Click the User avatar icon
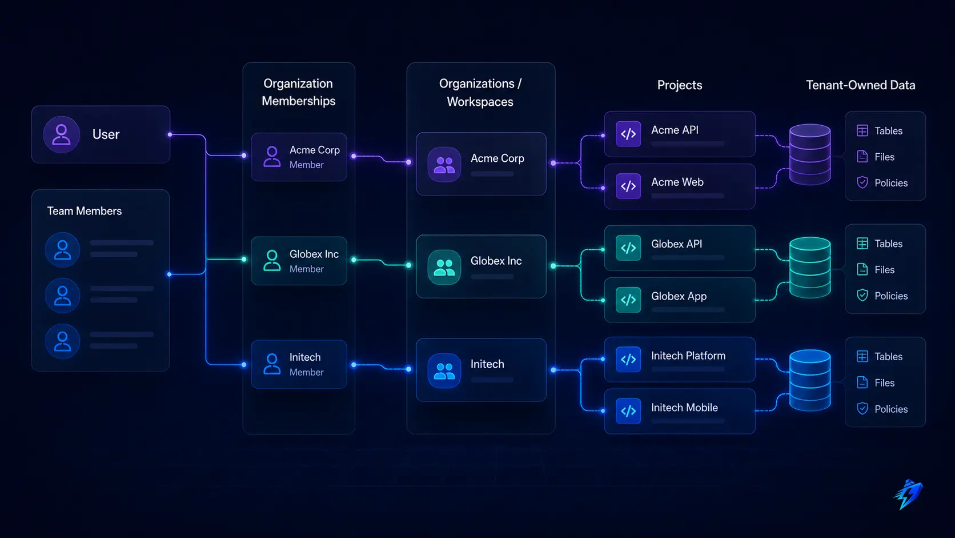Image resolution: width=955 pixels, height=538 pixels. (61, 134)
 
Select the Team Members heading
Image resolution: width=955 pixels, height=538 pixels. (85, 211)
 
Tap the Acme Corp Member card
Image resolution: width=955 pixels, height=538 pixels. (299, 157)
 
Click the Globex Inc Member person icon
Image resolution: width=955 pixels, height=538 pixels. (271, 260)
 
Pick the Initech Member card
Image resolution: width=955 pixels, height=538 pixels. (299, 364)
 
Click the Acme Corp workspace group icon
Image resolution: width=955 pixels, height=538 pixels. (444, 165)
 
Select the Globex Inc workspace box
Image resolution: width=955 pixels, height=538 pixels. (481, 266)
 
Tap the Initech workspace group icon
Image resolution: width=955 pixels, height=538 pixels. (444, 370)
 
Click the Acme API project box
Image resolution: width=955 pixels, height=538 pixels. (680, 134)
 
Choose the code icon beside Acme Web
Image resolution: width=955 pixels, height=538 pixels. (628, 186)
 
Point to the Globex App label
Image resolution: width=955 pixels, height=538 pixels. (679, 296)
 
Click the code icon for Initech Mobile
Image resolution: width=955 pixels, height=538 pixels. (628, 411)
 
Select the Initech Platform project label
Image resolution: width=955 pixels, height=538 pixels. (688, 356)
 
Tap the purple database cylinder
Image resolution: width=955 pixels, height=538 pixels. (810, 154)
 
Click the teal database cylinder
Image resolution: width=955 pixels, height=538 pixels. (810, 268)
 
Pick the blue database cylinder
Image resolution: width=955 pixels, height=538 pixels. (810, 380)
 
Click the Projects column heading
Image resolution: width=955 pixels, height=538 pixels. (680, 85)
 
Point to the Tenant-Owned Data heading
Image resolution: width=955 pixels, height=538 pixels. (860, 85)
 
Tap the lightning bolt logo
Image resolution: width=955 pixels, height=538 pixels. (908, 494)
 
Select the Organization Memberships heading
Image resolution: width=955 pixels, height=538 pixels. (298, 92)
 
